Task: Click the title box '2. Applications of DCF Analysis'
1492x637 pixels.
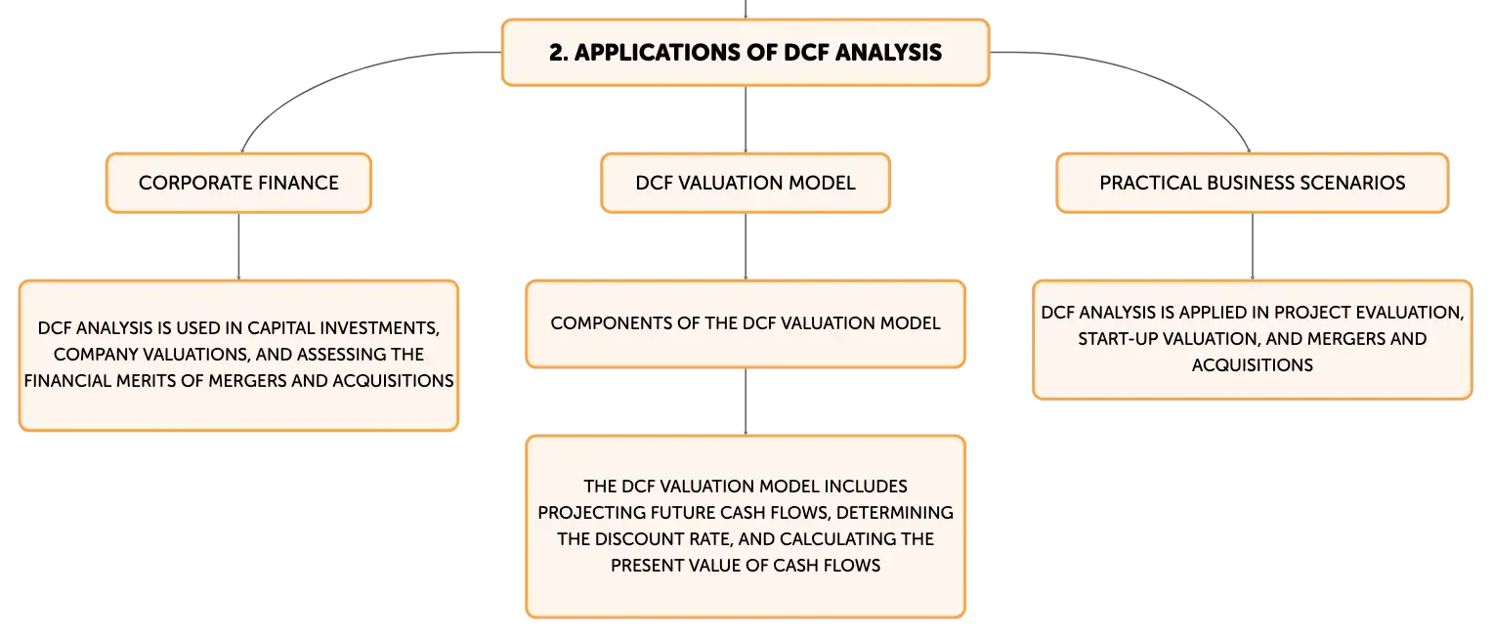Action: pos(746,53)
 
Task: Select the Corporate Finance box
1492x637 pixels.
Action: pos(238,184)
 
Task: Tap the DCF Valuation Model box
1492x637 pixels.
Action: pos(746,184)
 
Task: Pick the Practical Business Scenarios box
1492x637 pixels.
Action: pos(1253,184)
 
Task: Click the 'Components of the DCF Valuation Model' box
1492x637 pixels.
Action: pos(746,323)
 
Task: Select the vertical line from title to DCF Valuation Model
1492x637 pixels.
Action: pos(746,119)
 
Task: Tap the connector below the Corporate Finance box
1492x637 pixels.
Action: pos(238,246)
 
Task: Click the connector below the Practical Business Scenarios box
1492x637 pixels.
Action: pos(1253,246)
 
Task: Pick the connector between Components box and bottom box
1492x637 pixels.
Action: pos(746,402)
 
